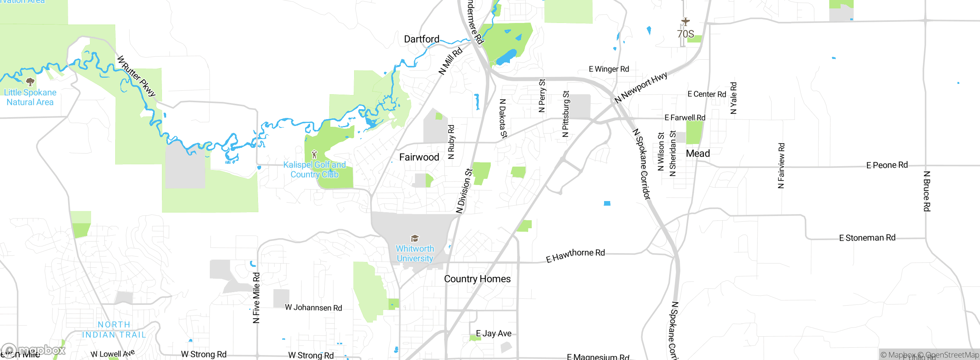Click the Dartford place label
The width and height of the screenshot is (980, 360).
421,39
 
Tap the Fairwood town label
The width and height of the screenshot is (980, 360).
419,157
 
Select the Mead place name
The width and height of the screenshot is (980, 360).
698,154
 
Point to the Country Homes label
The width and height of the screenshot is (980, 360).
477,279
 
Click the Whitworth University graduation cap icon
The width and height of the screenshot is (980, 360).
415,239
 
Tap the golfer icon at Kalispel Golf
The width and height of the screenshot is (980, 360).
314,154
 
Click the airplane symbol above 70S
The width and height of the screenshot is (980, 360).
685,21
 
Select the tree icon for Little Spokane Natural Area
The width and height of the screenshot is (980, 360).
30,82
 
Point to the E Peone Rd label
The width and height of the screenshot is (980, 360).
887,165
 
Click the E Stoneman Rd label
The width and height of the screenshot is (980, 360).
867,238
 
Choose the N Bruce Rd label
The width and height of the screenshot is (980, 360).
926,191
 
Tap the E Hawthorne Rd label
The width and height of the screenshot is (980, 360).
575,255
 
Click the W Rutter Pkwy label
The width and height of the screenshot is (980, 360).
136,76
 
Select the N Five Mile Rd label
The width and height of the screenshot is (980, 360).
256,298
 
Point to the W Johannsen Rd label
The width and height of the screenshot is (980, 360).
313,308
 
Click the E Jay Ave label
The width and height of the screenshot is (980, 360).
493,334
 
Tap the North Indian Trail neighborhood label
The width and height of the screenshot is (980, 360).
114,330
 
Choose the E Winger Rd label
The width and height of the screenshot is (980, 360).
609,69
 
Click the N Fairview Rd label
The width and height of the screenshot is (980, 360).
781,165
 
